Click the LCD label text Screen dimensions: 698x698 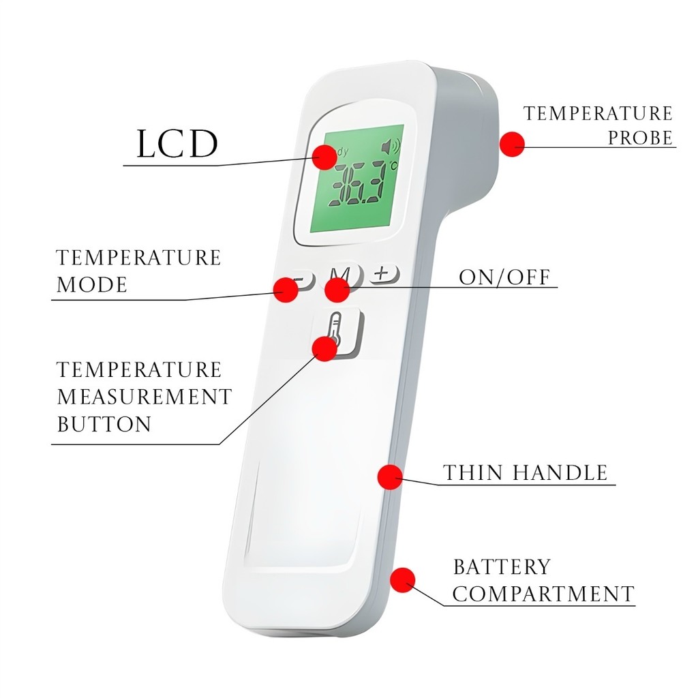[x=177, y=143]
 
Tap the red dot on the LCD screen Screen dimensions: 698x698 [x=324, y=157]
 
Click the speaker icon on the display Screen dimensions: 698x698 [x=391, y=146]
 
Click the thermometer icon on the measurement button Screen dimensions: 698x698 [x=335, y=329]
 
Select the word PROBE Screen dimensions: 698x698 [x=640, y=138]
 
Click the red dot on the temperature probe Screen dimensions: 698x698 [x=512, y=144]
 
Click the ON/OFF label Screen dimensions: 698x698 [x=504, y=277]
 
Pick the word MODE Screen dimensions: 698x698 [x=92, y=284]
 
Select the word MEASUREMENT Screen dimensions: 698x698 [x=145, y=397]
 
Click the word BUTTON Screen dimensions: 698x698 [x=104, y=424]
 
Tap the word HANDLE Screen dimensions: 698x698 [x=560, y=473]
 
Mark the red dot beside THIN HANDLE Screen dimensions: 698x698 [x=390, y=477]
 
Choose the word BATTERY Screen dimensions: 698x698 [x=502, y=566]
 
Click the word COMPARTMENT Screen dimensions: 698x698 [x=543, y=594]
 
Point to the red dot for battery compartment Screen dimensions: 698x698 [x=402, y=580]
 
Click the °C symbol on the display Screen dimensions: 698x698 [x=393, y=166]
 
